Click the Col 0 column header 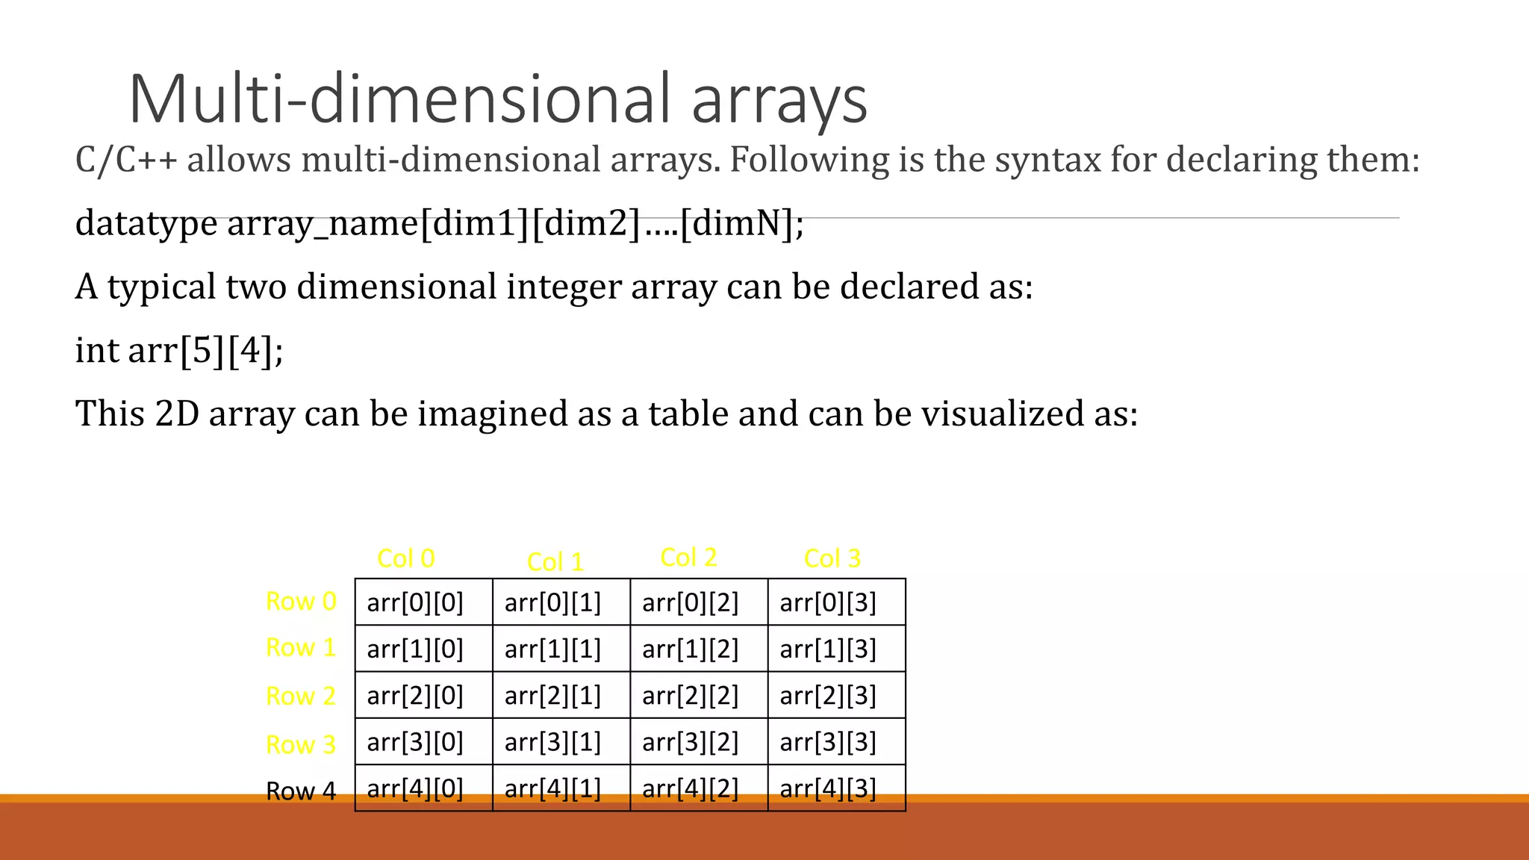(x=406, y=558)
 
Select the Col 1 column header (x=555, y=562)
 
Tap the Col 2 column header (x=688, y=557)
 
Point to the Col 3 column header (x=832, y=558)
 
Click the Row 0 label (x=301, y=601)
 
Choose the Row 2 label (x=301, y=696)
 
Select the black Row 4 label (x=301, y=791)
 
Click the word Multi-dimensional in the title (x=399, y=99)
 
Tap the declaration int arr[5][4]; (x=179, y=350)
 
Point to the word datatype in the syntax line (x=146, y=223)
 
